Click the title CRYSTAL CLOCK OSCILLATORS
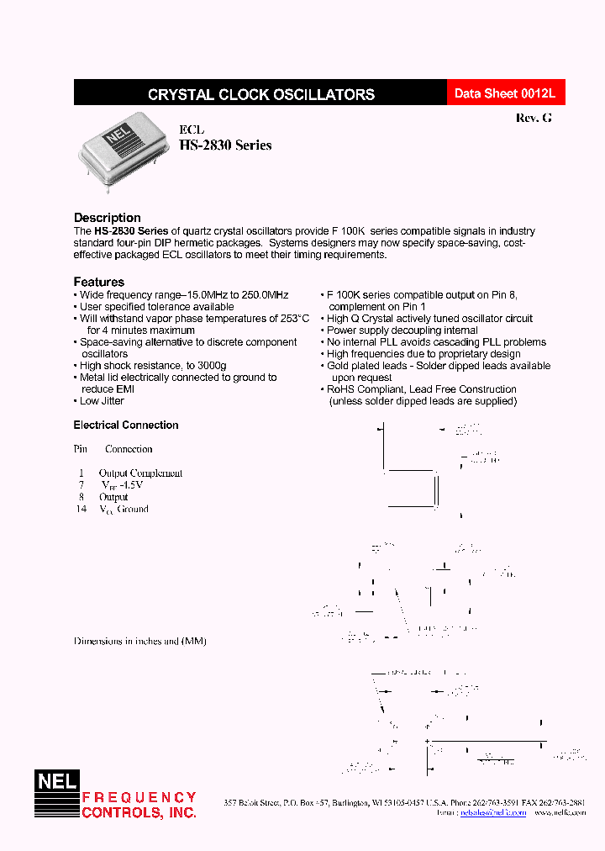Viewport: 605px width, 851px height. (x=260, y=95)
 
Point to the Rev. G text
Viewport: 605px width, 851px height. (x=534, y=119)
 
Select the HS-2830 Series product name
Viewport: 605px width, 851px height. (x=225, y=145)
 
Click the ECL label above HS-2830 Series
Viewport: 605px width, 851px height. (x=192, y=130)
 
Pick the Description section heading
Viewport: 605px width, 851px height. (x=107, y=218)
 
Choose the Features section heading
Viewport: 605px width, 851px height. (x=98, y=282)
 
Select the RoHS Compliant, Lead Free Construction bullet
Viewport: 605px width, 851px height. (x=421, y=389)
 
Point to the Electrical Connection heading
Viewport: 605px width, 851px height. (x=126, y=425)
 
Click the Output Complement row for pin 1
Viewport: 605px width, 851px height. (x=140, y=473)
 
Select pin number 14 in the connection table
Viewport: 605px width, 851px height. (x=81, y=509)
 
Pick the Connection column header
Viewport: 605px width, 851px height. (x=129, y=449)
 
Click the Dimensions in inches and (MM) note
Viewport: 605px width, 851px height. (x=139, y=641)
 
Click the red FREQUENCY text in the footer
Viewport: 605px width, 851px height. (x=139, y=797)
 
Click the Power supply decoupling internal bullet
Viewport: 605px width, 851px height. (x=402, y=330)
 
